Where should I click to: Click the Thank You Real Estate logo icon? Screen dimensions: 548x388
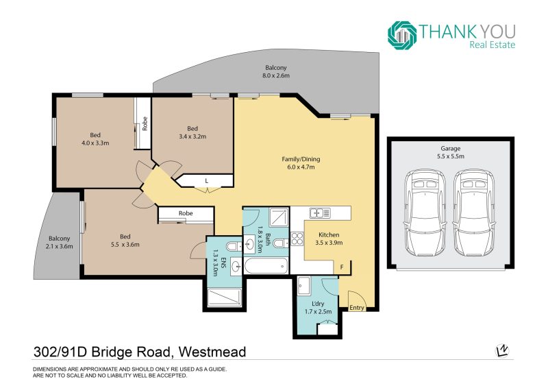pyautogui.click(x=402, y=36)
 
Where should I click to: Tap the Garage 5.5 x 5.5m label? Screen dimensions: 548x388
pyautogui.click(x=451, y=153)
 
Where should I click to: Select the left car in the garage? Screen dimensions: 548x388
pyautogui.click(x=425, y=213)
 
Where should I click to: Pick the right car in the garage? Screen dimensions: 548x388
pyautogui.click(x=474, y=213)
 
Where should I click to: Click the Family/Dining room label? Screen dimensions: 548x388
pyautogui.click(x=301, y=163)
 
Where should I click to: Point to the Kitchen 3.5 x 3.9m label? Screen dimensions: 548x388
pyautogui.click(x=329, y=239)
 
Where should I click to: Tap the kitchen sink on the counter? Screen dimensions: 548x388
pyautogui.click(x=319, y=213)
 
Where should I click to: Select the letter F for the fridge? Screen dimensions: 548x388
pyautogui.click(x=342, y=267)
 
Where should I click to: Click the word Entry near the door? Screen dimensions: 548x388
pyautogui.click(x=357, y=308)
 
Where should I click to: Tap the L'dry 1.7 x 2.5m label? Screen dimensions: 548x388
pyautogui.click(x=318, y=308)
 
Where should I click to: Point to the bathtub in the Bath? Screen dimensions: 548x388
pyautogui.click(x=266, y=267)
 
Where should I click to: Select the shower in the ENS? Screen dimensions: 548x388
pyautogui.click(x=225, y=298)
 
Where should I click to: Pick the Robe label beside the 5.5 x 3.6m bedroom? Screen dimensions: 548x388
pyautogui.click(x=186, y=213)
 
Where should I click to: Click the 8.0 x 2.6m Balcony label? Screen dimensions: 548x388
pyautogui.click(x=276, y=71)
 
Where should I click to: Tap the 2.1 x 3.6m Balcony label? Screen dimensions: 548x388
pyautogui.click(x=59, y=242)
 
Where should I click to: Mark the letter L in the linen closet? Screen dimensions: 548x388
pyautogui.click(x=207, y=181)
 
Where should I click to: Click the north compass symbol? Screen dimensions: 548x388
pyautogui.click(x=502, y=350)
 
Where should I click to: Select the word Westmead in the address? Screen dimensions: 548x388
pyautogui.click(x=212, y=352)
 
